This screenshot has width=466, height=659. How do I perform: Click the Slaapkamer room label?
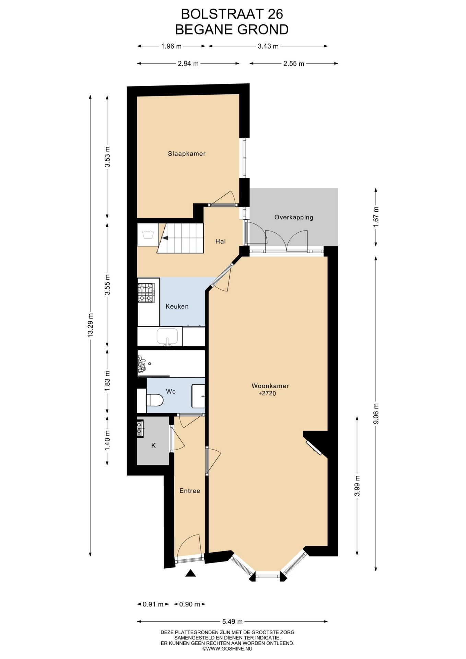coord(187,154)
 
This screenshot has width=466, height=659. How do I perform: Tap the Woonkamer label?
coord(270,386)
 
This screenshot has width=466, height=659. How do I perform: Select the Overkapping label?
coord(294,217)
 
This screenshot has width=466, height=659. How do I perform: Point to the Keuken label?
coord(177,306)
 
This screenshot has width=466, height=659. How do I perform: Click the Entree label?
coord(190,491)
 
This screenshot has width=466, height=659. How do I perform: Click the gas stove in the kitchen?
coord(147,293)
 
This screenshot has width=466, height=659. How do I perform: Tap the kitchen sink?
coord(167,336)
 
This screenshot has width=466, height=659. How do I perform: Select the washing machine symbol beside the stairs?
coord(148,234)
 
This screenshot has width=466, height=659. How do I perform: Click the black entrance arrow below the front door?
coord(190,573)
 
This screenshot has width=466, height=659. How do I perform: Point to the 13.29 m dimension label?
coord(90,325)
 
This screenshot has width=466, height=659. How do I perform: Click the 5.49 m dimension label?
coord(232,621)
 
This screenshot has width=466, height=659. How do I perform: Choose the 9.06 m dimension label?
coord(376,413)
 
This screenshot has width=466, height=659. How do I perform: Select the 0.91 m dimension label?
coord(153,604)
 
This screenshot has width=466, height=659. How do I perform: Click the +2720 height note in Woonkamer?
coord(267,393)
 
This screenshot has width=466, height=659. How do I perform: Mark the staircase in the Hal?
coord(180,238)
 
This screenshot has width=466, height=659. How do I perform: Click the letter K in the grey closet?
coord(153,446)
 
